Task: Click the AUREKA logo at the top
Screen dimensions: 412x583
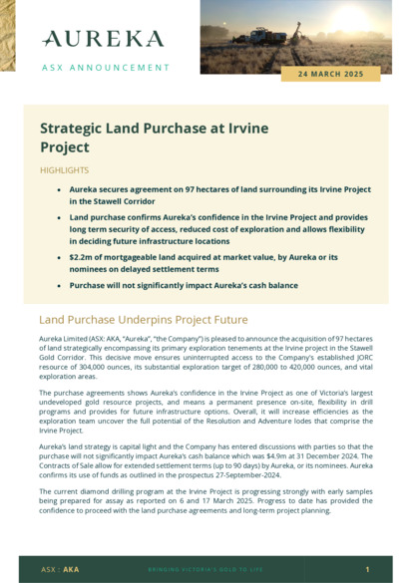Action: (103, 39)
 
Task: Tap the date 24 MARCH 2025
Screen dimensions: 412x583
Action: (331, 74)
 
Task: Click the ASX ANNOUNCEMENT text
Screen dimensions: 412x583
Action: (106, 68)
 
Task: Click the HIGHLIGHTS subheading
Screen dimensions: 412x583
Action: (64, 170)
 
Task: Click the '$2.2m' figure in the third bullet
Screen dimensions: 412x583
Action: (82, 256)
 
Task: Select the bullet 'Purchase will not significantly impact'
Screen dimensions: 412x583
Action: (184, 285)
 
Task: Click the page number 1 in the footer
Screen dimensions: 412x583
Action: (367, 569)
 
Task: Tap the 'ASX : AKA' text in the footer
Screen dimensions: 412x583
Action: (60, 569)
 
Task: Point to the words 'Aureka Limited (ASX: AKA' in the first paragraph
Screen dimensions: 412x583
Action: (80, 340)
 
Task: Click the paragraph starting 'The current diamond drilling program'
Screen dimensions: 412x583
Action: (206, 501)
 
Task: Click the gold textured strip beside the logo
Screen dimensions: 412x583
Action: (8, 35)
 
